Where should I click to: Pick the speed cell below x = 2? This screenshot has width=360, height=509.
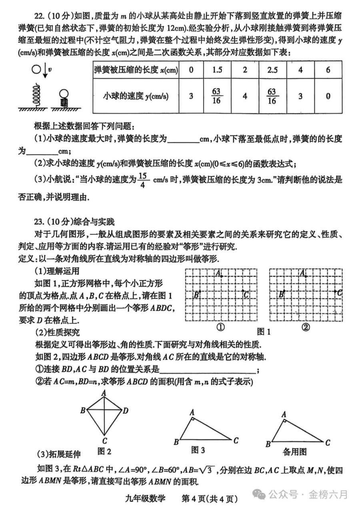245,96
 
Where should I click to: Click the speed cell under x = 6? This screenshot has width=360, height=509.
328,96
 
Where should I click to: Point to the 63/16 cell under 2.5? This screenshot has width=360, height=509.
272,96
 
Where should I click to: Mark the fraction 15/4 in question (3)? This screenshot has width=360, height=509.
145,181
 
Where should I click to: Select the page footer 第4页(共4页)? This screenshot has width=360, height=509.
210,498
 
